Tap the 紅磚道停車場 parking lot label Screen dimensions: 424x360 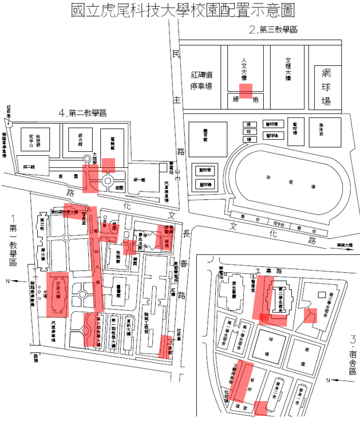201,80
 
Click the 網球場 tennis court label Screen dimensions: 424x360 327,87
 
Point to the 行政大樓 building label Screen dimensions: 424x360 58,294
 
